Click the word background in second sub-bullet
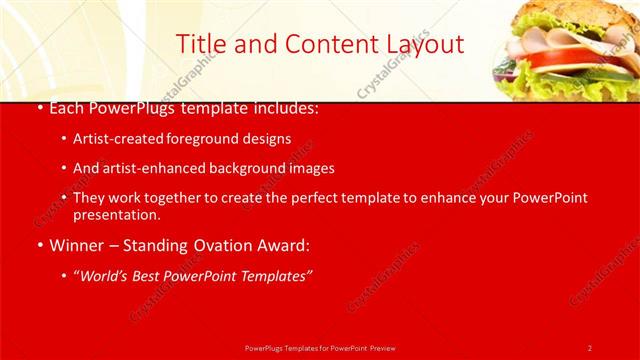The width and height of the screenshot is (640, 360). (x=247, y=168)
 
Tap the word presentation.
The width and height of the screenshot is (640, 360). (x=115, y=214)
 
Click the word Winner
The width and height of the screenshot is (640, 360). (x=75, y=245)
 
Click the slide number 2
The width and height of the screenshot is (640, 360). (x=590, y=348)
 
